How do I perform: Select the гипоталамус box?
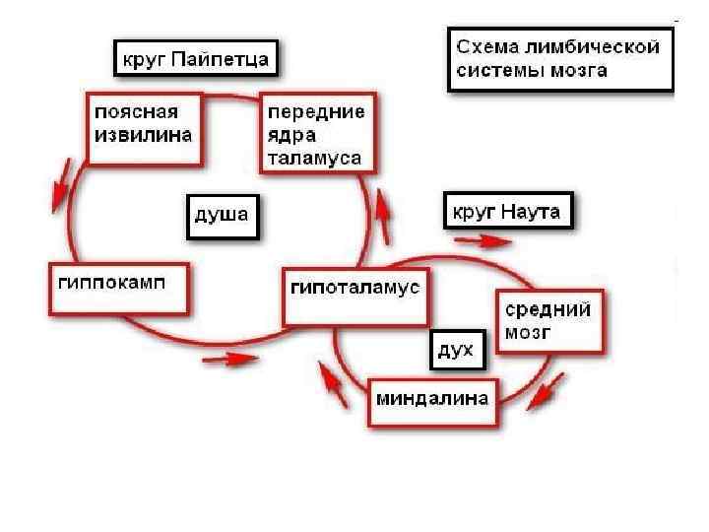pyautogui.click(x=355, y=296)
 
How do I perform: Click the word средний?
pyautogui.click(x=548, y=309)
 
